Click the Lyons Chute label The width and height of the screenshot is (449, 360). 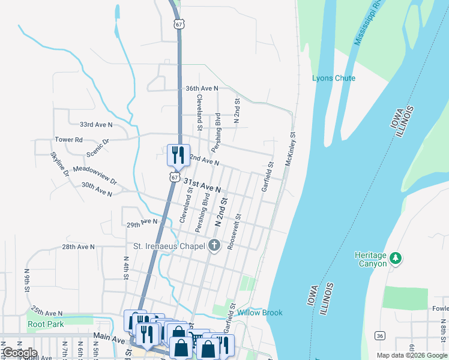click(x=333, y=79)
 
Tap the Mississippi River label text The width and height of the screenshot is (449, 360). click(x=369, y=23)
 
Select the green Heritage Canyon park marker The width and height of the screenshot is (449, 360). click(x=395, y=257)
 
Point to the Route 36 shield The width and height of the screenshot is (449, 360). click(x=380, y=335)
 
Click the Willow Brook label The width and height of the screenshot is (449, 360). click(x=259, y=313)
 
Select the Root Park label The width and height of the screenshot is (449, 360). click(x=46, y=324)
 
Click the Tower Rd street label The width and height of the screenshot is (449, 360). click(x=68, y=139)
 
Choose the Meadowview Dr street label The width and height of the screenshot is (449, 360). click(x=95, y=176)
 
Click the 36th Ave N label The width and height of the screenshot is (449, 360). click(x=202, y=88)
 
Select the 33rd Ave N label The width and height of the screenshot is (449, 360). click(x=96, y=125)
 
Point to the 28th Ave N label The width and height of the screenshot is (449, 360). click(x=78, y=247)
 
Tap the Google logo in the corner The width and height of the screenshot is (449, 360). click(x=19, y=353)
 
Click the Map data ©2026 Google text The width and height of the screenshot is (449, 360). click(x=411, y=355)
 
